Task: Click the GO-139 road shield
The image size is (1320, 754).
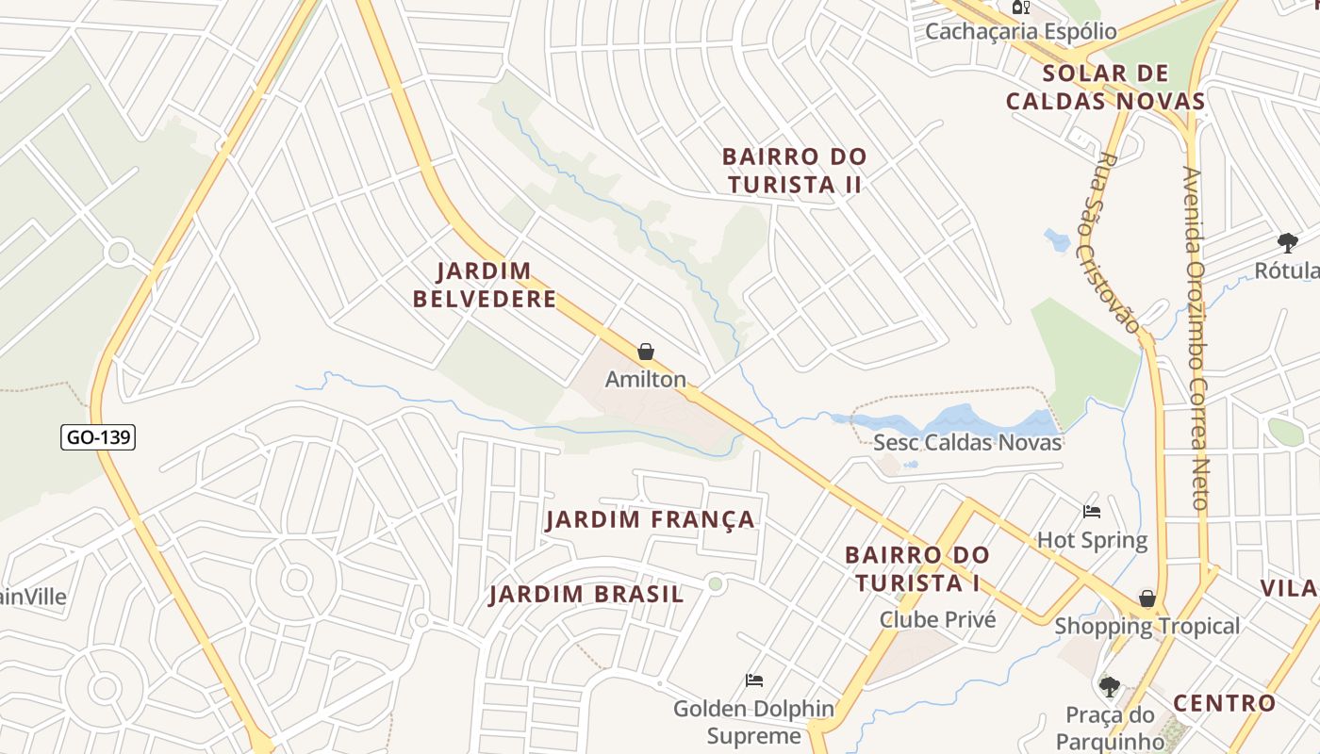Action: point(98,437)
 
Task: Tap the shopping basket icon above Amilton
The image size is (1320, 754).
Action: point(646,352)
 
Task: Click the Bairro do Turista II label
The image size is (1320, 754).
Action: point(794,171)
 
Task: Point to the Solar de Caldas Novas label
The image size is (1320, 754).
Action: point(1105,88)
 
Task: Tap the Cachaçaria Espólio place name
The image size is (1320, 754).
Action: point(1020,31)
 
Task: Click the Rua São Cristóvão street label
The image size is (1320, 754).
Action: point(1119,243)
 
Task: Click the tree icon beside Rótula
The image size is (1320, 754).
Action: point(1287,242)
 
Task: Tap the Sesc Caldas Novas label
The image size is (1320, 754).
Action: point(967,442)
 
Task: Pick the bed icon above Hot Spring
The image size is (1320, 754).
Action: point(1092,512)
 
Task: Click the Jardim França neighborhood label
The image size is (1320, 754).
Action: point(651,519)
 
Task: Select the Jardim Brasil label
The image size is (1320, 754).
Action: point(586,595)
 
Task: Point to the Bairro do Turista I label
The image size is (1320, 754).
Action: point(916,568)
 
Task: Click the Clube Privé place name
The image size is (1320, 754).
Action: point(937,619)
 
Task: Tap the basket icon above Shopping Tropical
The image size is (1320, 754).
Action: point(1147,598)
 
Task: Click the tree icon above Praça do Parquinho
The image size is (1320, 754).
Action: point(1110,686)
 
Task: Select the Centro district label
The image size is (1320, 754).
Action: point(1224,703)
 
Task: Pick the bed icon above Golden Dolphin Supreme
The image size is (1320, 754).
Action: point(754,680)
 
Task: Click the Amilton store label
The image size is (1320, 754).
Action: point(645,380)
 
